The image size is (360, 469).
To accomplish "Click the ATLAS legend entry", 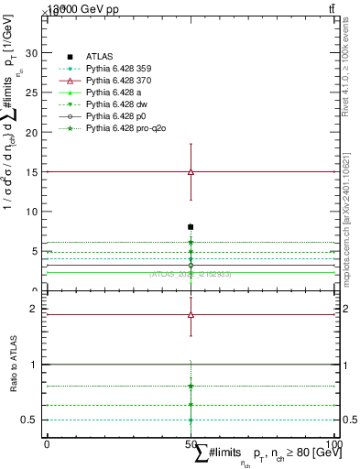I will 98,57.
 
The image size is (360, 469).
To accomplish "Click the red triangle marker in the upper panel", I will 191,171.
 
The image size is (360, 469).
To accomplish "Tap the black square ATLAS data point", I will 191,226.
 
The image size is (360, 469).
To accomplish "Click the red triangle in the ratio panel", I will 191,314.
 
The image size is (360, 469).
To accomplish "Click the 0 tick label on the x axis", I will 46,443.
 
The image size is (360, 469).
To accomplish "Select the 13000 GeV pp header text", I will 83,9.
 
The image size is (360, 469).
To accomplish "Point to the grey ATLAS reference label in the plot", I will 190,274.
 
